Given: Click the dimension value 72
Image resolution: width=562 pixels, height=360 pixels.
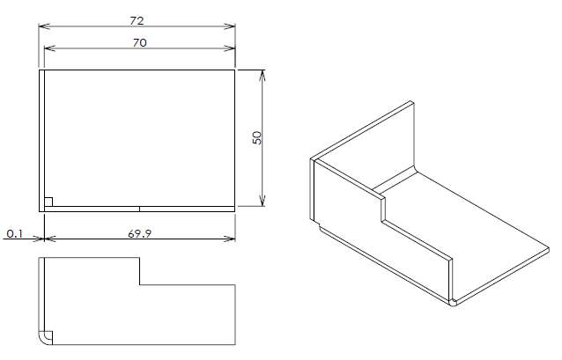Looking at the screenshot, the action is tap(137, 21).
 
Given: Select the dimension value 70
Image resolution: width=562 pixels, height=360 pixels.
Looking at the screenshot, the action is tap(139, 42).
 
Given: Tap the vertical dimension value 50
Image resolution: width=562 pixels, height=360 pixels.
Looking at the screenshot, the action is tap(257, 138).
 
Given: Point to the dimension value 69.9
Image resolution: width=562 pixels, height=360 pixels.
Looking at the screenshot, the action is tap(139, 233).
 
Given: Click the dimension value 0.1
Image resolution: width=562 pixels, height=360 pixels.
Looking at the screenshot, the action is tap(15, 234).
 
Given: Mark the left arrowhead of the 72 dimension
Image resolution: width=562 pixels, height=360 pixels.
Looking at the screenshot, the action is tap(44, 26).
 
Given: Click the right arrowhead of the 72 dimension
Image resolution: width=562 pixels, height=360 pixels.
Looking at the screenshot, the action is tap(230, 26).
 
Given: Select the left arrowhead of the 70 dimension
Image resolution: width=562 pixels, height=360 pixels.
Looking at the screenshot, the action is tap(50, 48).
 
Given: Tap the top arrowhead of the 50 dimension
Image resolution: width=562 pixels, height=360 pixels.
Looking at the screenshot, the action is tap(263, 76).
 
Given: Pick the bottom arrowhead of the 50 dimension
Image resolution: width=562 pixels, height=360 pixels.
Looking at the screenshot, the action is tap(263, 201).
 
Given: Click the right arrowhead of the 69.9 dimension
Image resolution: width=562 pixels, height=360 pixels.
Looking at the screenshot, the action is tap(230, 239).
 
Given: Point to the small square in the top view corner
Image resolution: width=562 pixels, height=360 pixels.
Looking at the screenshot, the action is tap(48, 202).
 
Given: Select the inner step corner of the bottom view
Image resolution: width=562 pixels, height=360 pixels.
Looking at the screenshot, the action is tap(140, 285).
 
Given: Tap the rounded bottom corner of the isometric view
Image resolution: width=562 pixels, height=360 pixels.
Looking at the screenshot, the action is tap(454, 303).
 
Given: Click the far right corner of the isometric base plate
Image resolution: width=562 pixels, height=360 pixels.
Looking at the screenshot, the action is tap(549, 249).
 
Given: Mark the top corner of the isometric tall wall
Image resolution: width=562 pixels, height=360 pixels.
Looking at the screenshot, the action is tap(412, 103).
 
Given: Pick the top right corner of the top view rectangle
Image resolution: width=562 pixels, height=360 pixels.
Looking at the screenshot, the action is tap(235, 70).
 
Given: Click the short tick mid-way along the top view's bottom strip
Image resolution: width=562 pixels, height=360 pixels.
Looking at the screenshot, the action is tap(139, 209).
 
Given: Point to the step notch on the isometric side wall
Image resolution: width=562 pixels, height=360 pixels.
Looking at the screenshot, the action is tap(383, 209).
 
